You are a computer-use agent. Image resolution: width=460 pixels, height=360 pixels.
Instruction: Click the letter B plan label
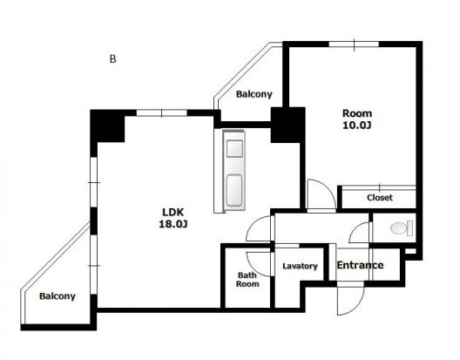(x=112, y=59)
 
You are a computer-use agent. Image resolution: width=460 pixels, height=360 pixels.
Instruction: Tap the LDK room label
(x=173, y=212)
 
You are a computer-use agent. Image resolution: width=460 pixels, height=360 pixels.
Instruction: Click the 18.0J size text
(x=173, y=224)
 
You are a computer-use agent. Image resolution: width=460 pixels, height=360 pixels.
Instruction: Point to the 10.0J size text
(x=357, y=126)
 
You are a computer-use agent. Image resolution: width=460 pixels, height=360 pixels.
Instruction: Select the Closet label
(x=380, y=197)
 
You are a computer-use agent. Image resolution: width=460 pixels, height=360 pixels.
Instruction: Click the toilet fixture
(x=402, y=228)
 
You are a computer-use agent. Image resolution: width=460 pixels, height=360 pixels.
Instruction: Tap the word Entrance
(x=360, y=265)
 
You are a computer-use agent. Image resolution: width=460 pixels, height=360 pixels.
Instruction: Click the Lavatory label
(x=300, y=266)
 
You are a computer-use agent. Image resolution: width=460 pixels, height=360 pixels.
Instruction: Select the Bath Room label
(x=247, y=280)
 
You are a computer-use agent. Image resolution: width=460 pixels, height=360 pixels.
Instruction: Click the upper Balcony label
(x=254, y=94)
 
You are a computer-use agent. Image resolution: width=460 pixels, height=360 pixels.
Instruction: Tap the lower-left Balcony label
(x=57, y=296)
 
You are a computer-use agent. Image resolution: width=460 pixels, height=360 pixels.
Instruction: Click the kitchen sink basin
(x=234, y=148)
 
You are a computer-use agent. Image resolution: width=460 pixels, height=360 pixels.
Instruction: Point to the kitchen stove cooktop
(x=234, y=190)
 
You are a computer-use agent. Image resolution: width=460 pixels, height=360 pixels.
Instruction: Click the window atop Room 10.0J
(x=354, y=44)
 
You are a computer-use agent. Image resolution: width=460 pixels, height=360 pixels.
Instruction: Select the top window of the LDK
(x=162, y=112)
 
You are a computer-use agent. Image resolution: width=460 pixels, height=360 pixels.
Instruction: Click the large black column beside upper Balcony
(x=287, y=126)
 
